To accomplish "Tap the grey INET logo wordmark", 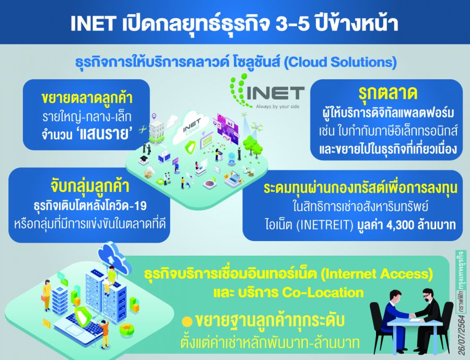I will pos(276,94).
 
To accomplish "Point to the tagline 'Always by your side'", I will pos(276,106).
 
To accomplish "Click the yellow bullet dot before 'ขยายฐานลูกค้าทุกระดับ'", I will pos(186,321).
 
